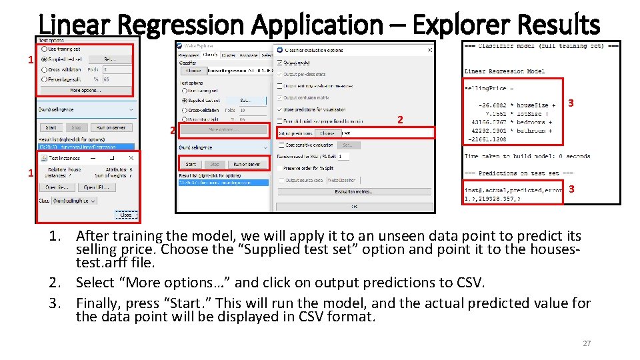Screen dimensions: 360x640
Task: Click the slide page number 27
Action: click(587, 343)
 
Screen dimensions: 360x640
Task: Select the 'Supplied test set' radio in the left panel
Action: click(45, 59)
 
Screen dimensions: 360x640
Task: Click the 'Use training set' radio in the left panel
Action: click(45, 49)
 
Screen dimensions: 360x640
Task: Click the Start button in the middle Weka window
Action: click(191, 164)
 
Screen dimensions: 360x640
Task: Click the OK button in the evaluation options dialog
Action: click(355, 206)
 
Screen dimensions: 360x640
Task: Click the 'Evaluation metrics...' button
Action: click(354, 192)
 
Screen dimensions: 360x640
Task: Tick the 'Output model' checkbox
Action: click(279, 62)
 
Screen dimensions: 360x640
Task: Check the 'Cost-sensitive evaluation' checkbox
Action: click(279, 145)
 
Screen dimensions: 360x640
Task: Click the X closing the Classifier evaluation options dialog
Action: click(429, 50)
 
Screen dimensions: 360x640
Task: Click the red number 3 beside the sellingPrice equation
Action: click(571, 103)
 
